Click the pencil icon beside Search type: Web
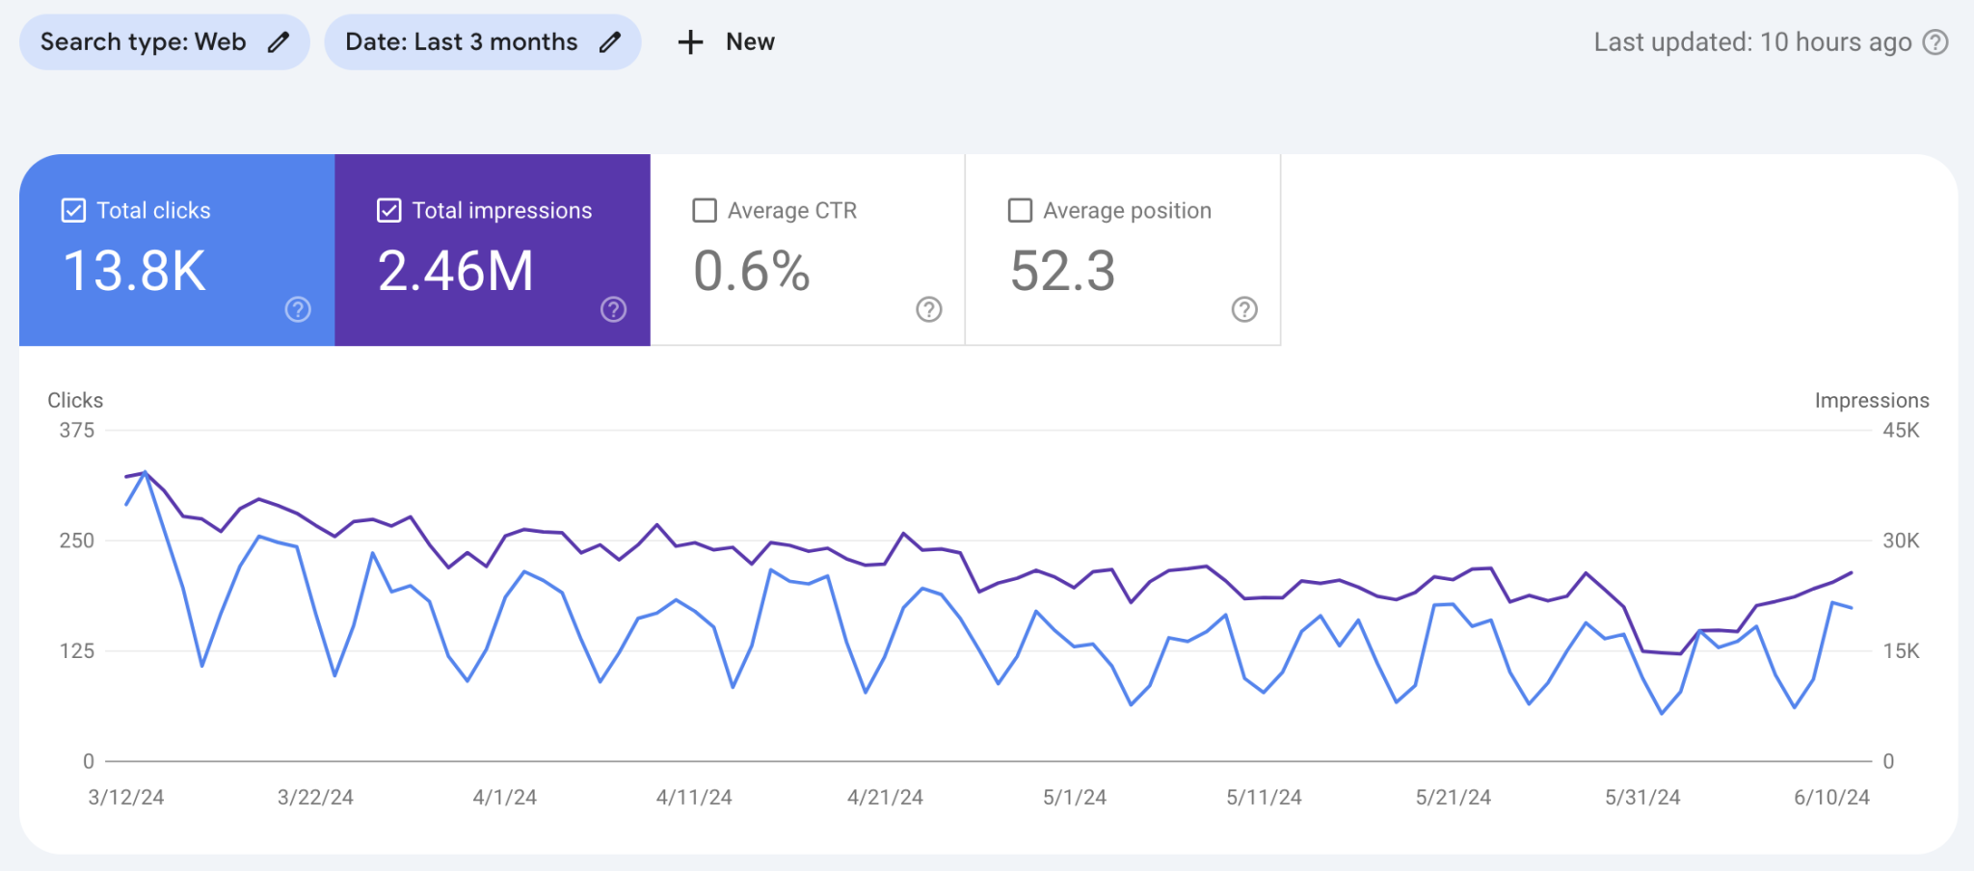point(279,42)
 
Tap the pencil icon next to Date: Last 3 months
point(609,42)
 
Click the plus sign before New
point(690,42)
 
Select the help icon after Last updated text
point(1935,42)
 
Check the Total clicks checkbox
point(73,210)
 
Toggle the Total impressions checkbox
point(388,210)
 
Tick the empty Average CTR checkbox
point(705,210)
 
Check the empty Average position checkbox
point(1020,210)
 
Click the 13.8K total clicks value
point(134,271)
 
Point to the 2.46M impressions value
point(455,271)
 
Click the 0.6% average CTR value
point(752,271)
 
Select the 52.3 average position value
point(1062,271)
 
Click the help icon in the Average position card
point(1244,309)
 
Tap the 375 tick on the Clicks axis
point(77,431)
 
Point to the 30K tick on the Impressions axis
point(1901,541)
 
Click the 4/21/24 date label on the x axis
point(885,798)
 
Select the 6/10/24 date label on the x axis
point(1831,798)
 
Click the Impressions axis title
point(1871,401)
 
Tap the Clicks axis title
point(75,401)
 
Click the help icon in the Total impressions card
point(613,309)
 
